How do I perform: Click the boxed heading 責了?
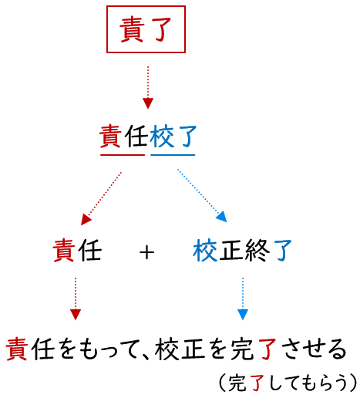point(146,29)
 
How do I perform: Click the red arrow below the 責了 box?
point(148,87)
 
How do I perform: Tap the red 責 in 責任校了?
point(110,137)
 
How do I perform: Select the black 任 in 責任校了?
point(136,137)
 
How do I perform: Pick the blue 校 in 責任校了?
point(162,137)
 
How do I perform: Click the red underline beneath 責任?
point(123,155)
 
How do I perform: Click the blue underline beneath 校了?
point(173,155)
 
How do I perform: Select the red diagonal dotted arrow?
point(101,198)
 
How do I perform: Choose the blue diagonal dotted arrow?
point(202,195)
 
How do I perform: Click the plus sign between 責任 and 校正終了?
point(146,252)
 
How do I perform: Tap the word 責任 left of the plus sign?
point(77,251)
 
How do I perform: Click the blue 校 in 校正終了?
point(205,251)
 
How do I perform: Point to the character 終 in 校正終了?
point(257,251)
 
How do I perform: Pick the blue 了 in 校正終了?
point(282,251)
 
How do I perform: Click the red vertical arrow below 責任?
point(76,298)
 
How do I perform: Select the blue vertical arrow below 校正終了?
point(243,298)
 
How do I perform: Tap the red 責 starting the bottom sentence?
point(17,349)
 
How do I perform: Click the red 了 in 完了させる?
point(267,349)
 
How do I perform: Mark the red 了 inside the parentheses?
point(257,383)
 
